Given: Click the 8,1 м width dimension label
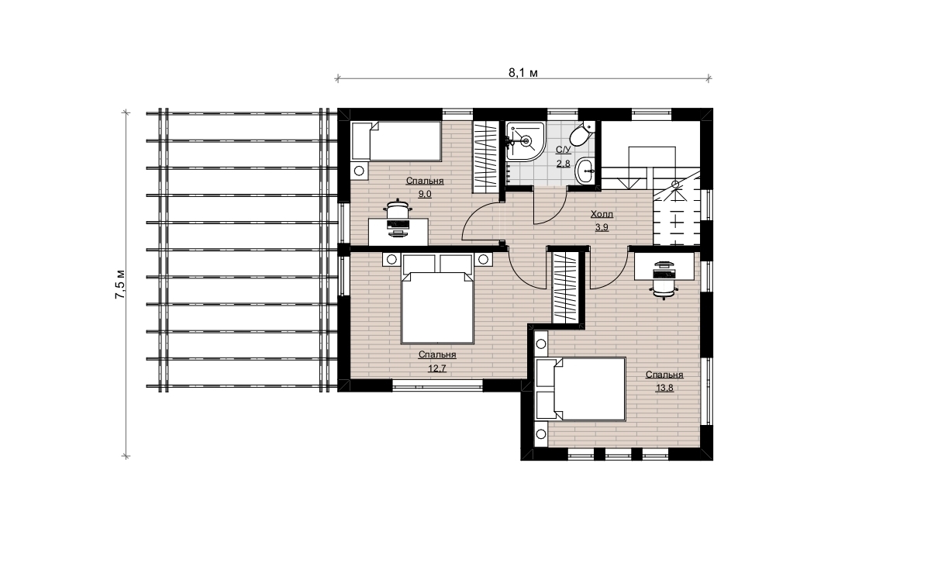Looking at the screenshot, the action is click(x=522, y=73).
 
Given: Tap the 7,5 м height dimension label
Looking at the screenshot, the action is click(x=120, y=285).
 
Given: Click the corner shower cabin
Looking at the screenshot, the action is click(x=526, y=141).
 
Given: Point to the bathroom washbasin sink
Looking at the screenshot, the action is click(x=585, y=171).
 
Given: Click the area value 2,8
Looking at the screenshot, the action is click(x=563, y=164).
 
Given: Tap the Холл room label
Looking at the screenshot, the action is click(x=602, y=215).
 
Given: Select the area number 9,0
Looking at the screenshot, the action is click(x=425, y=194).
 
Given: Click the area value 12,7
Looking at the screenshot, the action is click(x=437, y=368).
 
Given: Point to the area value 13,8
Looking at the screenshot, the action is click(x=664, y=389).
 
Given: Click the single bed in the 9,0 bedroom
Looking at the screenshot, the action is click(x=396, y=141).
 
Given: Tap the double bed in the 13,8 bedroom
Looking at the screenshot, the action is click(x=581, y=389).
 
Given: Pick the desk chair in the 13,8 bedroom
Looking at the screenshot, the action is click(x=664, y=281).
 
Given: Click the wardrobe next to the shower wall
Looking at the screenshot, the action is click(x=485, y=157).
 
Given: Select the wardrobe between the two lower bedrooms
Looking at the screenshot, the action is click(x=565, y=288).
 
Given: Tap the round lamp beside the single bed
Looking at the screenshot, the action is click(x=359, y=171).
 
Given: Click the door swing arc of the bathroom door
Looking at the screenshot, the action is click(x=556, y=213).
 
